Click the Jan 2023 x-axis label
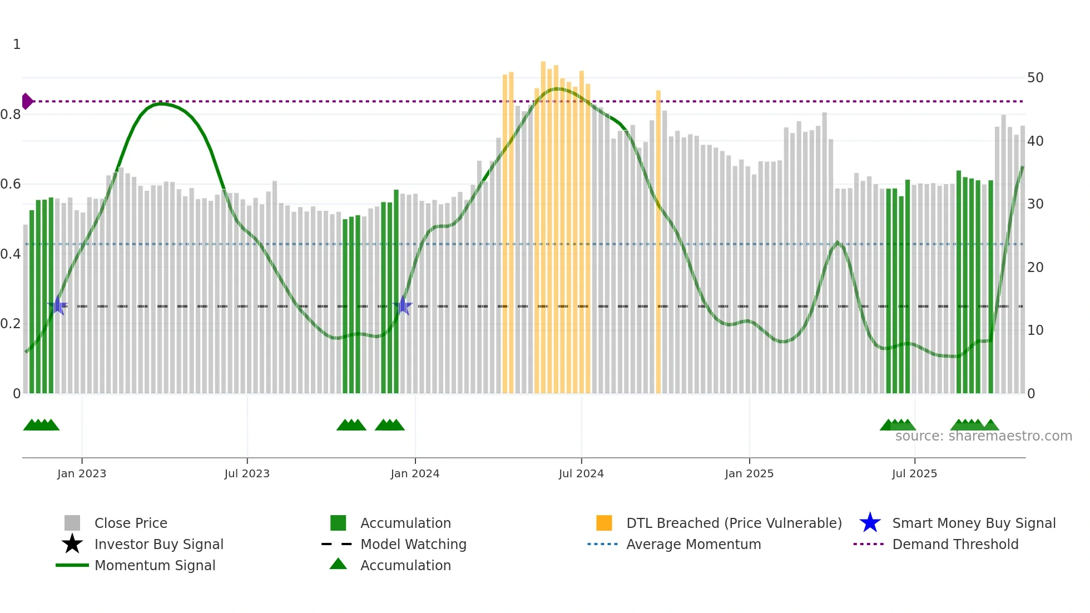tap(81, 473)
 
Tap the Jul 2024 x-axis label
tap(581, 473)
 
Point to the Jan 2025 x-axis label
tap(749, 473)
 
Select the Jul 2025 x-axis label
tap(914, 473)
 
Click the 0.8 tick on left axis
tap(11, 115)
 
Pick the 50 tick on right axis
tap(1035, 78)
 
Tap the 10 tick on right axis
tap(1035, 330)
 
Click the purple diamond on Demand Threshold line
tap(27, 101)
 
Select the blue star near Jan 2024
tap(403, 306)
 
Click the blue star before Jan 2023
tap(57, 306)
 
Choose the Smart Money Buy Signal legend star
tap(870, 523)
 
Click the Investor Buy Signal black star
tap(72, 544)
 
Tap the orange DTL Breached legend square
tap(604, 523)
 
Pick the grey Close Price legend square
tap(72, 523)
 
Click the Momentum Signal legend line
tap(72, 565)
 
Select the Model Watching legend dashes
tap(337, 544)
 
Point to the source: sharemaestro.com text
tap(983, 436)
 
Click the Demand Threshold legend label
tap(955, 544)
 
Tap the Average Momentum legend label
tap(693, 544)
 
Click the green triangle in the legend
tap(338, 565)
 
